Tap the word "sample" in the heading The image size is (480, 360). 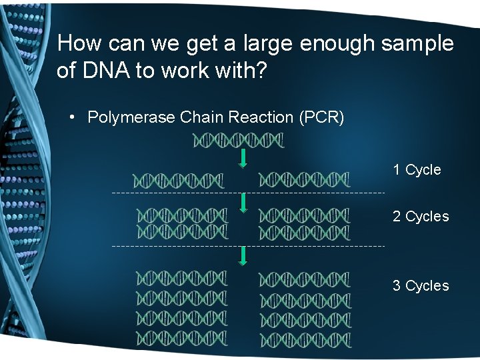pos(417,44)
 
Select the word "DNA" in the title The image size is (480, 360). pos(105,71)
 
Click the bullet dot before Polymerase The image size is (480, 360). pos(73,118)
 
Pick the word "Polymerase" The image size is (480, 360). pos(131,118)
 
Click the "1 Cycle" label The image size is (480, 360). pos(417,170)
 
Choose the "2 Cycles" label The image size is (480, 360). pos(421,217)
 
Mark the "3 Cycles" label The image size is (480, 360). pos(421,286)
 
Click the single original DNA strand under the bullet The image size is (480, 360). pos(238,141)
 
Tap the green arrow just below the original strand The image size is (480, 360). pos(243,159)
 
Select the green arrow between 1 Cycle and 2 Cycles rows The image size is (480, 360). pos(243,203)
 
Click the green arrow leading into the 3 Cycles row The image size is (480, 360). pos(243,256)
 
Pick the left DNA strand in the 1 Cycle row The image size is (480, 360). pos(179,180)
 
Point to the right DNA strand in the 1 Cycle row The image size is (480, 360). pos(304,180)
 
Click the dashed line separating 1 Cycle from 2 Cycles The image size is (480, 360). pos(247,193)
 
